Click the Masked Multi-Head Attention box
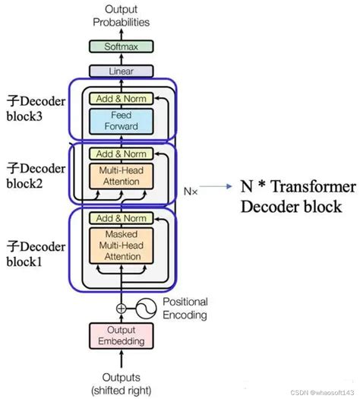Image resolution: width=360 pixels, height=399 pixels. coord(122,246)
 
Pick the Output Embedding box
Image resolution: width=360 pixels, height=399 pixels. coord(122,335)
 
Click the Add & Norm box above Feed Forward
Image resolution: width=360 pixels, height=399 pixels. coord(122,98)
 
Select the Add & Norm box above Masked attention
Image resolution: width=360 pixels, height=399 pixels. coord(122,218)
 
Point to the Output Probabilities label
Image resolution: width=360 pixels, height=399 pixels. coord(122,15)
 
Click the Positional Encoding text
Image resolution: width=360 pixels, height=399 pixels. coord(184,308)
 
